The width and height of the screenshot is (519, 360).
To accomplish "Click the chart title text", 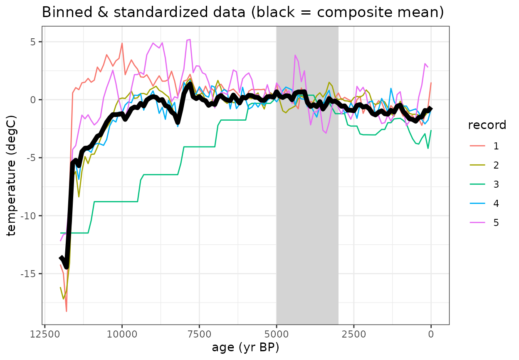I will pyautogui.click(x=243, y=13).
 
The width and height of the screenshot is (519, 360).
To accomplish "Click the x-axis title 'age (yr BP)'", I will pyautogui.click(x=245, y=347).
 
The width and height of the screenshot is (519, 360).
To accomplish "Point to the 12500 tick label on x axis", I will pyautogui.click(x=44, y=333).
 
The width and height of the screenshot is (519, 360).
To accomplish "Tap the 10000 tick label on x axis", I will pyautogui.click(x=122, y=333).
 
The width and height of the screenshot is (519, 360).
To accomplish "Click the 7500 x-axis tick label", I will pyautogui.click(x=199, y=333).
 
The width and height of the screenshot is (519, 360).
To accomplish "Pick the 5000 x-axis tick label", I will pyautogui.click(x=277, y=333).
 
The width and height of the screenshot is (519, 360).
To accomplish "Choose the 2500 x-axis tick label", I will pyautogui.click(x=354, y=333).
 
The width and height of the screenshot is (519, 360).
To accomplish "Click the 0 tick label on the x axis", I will pyautogui.click(x=431, y=333).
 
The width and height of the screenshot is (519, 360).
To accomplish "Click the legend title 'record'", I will pyautogui.click(x=487, y=125).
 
